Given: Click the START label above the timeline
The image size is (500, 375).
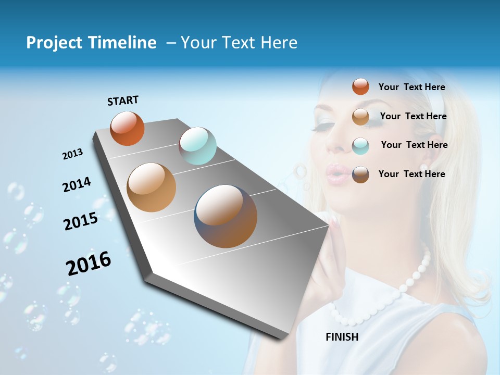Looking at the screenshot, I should click(x=123, y=100).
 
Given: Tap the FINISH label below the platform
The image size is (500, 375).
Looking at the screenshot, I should click(x=342, y=336).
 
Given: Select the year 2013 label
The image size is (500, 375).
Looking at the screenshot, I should click(x=72, y=154).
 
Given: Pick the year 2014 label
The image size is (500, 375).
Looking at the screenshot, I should click(x=77, y=184).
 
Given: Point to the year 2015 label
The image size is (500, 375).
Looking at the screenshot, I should click(x=80, y=221).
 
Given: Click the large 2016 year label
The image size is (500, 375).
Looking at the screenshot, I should click(x=89, y=263).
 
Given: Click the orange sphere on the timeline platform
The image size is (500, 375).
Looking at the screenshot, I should click(x=127, y=129).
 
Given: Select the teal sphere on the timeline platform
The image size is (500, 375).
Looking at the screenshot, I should click(x=197, y=146).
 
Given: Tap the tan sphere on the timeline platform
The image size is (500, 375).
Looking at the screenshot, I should click(x=152, y=187).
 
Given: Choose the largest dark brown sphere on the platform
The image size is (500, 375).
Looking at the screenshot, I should click(x=226, y=216).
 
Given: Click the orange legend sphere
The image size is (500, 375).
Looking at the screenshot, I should click(x=360, y=86).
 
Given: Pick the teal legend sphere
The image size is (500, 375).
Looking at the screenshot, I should click(x=360, y=146).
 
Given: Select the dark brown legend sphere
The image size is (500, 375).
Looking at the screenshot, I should click(x=360, y=174).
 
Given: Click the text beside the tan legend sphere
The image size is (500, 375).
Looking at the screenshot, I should click(x=413, y=116).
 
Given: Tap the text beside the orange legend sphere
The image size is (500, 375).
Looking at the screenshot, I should click(x=411, y=87).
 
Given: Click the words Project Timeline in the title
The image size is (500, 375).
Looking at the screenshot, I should click(x=91, y=43).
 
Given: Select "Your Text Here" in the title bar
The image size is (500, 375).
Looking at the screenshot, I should click(x=239, y=43).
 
